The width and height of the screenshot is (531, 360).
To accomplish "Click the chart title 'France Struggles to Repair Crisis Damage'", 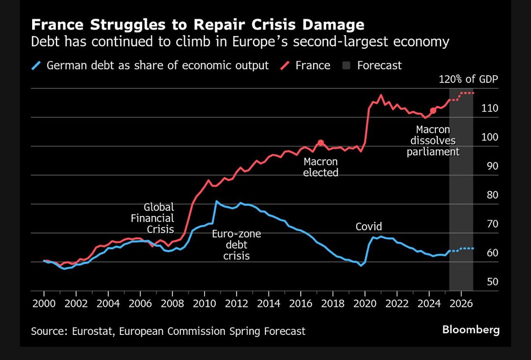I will (x=197, y=25).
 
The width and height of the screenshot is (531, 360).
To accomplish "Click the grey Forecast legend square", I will (x=347, y=66).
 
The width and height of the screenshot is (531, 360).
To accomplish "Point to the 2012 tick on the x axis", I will (x=236, y=304).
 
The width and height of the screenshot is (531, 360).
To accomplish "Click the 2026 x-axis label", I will (x=461, y=304).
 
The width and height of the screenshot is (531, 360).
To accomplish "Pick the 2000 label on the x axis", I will (x=44, y=304).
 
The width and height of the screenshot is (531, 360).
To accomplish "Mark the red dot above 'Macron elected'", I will (x=321, y=143).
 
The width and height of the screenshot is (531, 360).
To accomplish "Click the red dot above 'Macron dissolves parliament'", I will (x=433, y=111).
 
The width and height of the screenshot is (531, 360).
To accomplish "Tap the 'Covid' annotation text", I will (x=369, y=227).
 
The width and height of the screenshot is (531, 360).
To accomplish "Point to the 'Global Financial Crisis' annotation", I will (x=159, y=218).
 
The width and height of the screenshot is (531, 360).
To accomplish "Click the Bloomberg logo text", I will (x=471, y=329).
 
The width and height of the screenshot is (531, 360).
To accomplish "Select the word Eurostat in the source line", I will (x=91, y=331).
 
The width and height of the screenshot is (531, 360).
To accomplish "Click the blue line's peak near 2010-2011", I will (x=216, y=201).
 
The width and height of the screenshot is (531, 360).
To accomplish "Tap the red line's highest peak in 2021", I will (x=381, y=95).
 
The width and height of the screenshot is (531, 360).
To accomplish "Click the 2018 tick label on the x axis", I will (x=333, y=304).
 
